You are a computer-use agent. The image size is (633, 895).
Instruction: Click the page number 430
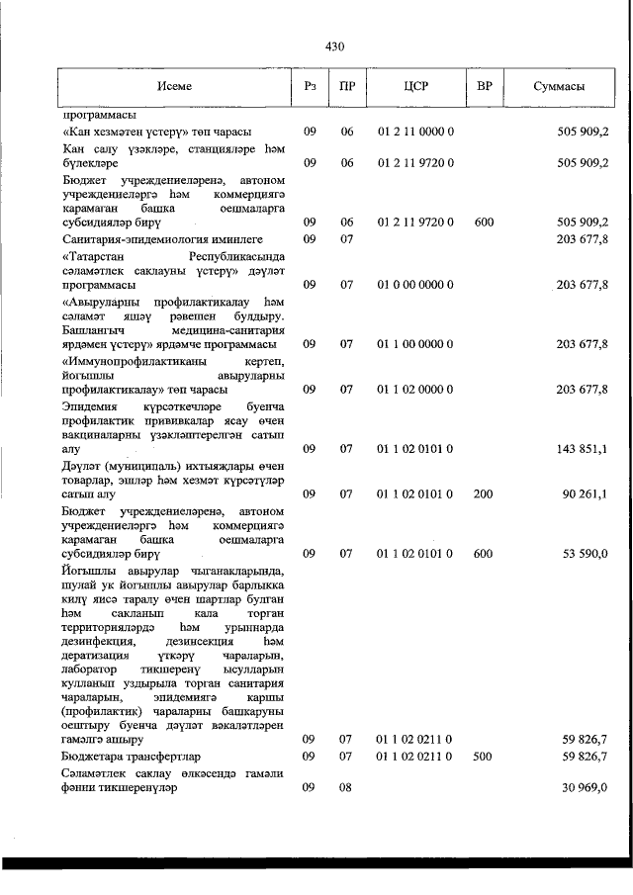pos(333,45)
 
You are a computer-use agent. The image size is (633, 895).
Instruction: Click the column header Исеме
pos(174,86)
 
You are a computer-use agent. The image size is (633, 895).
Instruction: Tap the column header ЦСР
pos(414,86)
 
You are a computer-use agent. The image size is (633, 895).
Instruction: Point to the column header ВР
pos(484,86)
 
